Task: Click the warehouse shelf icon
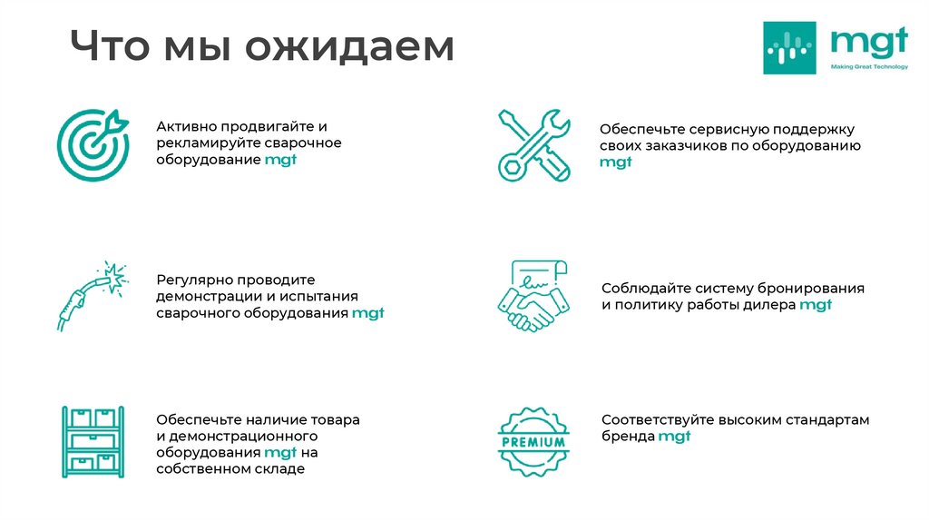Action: click(93, 442)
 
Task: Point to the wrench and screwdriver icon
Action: click(533, 145)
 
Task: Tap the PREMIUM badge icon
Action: click(533, 443)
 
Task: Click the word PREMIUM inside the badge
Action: click(533, 443)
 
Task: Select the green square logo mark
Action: click(789, 47)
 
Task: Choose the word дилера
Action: click(768, 305)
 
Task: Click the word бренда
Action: click(628, 437)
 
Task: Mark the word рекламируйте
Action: click(208, 143)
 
